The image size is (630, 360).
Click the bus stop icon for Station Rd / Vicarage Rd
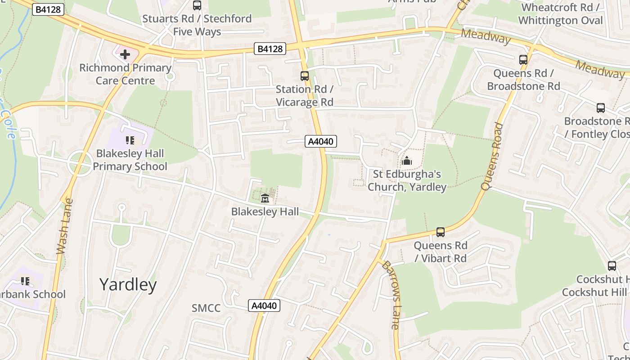305,76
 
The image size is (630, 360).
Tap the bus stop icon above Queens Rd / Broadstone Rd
523,60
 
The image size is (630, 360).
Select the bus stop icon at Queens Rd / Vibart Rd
440,232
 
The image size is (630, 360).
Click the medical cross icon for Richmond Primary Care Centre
125,55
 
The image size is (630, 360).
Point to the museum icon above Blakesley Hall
265,198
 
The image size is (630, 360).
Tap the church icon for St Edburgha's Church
406,161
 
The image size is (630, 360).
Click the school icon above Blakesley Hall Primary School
130,140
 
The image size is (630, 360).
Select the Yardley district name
128,285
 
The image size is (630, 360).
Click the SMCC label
206,308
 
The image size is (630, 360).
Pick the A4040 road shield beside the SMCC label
264,306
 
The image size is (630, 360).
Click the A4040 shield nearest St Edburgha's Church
320,142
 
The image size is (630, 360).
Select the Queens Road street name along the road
491,156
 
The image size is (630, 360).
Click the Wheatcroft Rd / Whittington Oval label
560,14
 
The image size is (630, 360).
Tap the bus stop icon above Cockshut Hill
612,266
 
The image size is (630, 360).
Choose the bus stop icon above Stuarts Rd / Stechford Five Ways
197,5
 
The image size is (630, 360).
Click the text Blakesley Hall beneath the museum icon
265,211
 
